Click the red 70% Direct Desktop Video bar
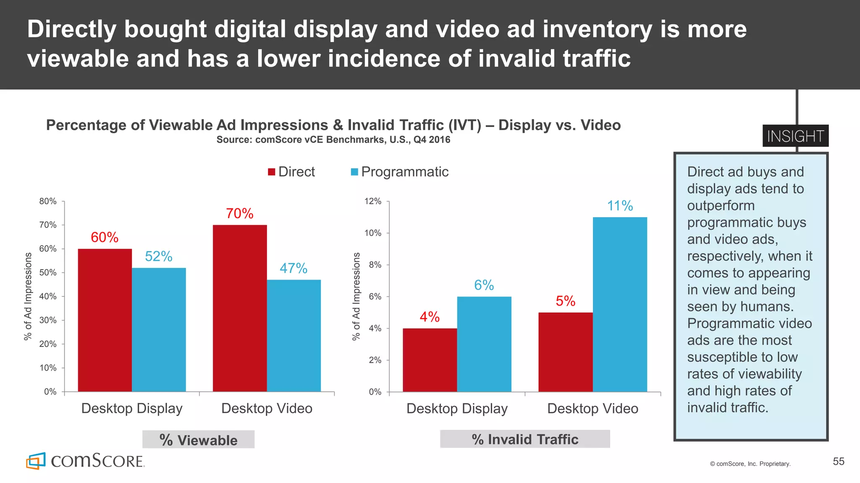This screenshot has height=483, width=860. [x=240, y=308]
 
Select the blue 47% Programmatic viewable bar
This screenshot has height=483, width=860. [x=294, y=335]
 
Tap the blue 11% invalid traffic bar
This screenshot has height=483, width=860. [x=620, y=304]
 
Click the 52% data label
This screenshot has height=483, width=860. [x=159, y=256]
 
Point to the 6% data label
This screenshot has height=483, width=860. [x=484, y=285]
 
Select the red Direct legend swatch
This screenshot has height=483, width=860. [x=272, y=172]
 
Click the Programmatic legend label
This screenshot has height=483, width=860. [x=404, y=172]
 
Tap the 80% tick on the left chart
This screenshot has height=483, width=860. [x=48, y=201]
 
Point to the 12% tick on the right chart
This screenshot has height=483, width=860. [x=373, y=201]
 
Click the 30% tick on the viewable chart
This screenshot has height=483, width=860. [x=48, y=320]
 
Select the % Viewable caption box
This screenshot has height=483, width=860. [x=198, y=440]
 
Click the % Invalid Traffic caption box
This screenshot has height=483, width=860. [x=525, y=439]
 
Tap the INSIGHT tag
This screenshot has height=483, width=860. [x=795, y=136]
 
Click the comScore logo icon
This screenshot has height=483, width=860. [x=36, y=461]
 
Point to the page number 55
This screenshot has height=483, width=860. [x=839, y=462]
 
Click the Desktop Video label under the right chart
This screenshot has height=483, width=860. [x=593, y=408]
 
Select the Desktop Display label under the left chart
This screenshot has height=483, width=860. [x=132, y=408]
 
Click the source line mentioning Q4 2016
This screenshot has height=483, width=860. [x=333, y=140]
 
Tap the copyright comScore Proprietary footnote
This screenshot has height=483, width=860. [x=750, y=464]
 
